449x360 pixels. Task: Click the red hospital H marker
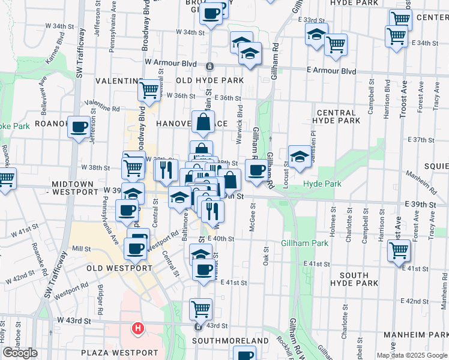pyautogui.click(x=138, y=328)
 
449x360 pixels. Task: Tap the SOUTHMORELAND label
pyautogui.click(x=230, y=341)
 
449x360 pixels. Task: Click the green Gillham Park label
pyautogui.click(x=304, y=244)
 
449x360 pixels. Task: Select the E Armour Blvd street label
pyautogui.click(x=331, y=71)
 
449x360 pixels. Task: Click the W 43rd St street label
pyautogui.click(x=74, y=321)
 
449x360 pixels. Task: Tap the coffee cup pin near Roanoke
pyautogui.click(x=79, y=127)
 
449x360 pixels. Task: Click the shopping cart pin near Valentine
pyautogui.click(x=149, y=91)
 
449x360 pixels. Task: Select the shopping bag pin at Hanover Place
pyautogui.click(x=203, y=122)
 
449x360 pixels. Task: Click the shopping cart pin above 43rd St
pyautogui.click(x=200, y=309)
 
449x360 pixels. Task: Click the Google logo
pyautogui.click(x=20, y=353)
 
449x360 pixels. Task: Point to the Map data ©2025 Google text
pyautogui.click(x=411, y=355)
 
